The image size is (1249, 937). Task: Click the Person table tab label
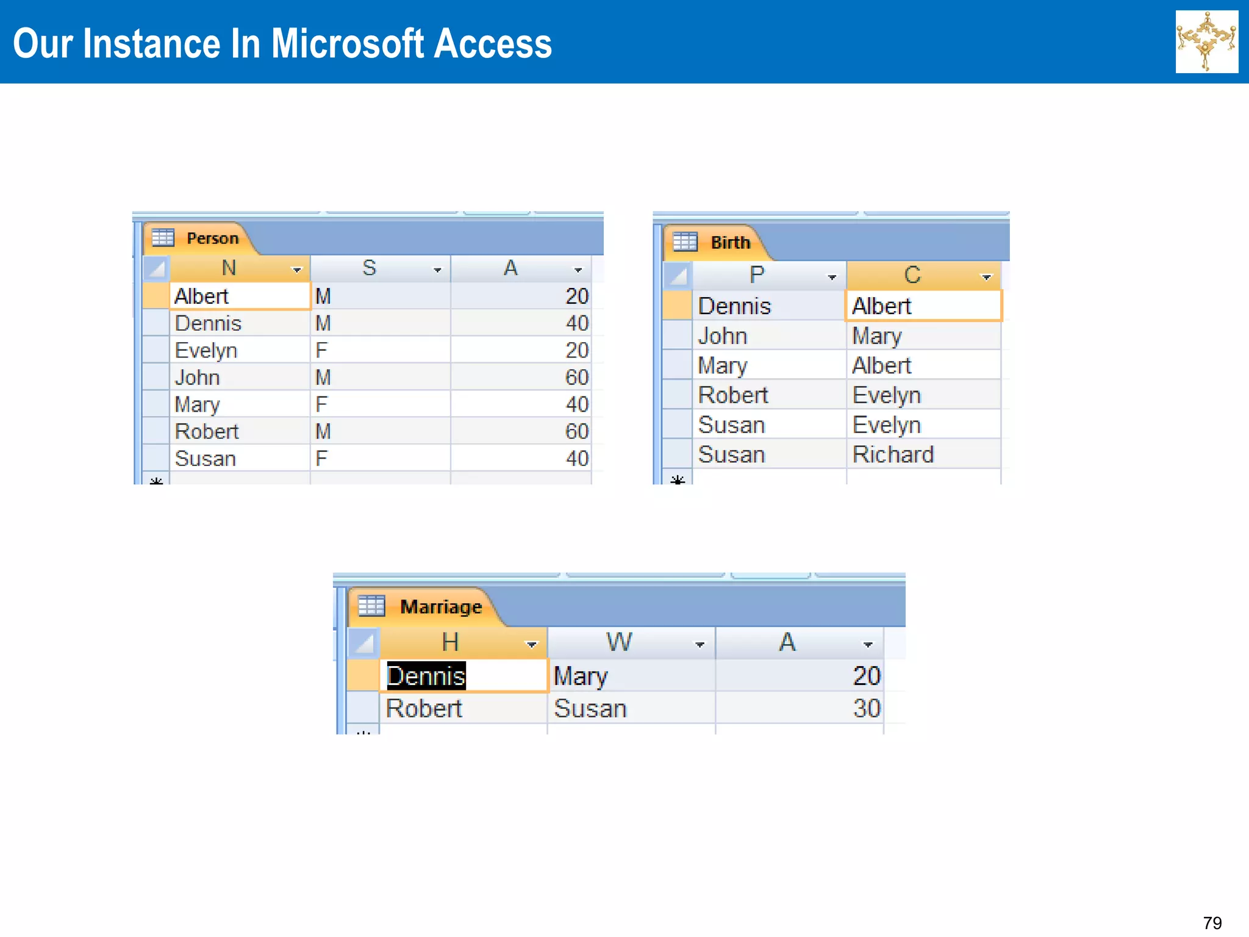tap(212, 238)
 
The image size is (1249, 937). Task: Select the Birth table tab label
tap(730, 243)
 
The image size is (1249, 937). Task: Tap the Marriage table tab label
tap(441, 607)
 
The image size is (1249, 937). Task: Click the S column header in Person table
tap(369, 268)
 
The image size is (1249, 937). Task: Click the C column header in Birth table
tap(912, 275)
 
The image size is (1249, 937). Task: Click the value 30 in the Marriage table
tap(866, 709)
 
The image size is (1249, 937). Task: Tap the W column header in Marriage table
tap(618, 643)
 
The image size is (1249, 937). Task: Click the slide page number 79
tap(1212, 922)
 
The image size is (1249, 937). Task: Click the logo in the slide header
tap(1206, 41)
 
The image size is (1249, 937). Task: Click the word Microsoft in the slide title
tap(347, 44)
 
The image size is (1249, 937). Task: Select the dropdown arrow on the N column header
tap(297, 270)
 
